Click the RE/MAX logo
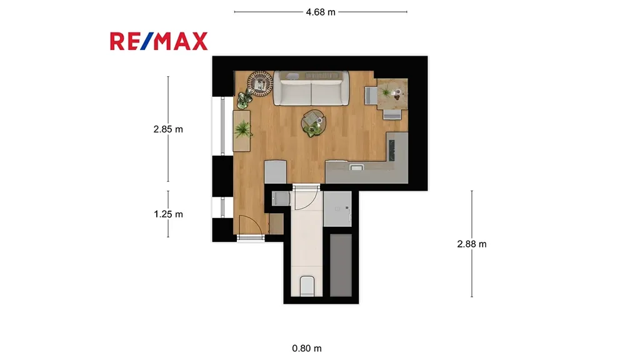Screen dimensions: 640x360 tap(159, 41)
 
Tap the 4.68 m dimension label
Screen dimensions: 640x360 tap(321, 12)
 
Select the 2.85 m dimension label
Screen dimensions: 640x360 tap(168, 129)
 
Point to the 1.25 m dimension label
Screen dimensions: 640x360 tap(168, 214)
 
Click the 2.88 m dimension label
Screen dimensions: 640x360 tap(472, 244)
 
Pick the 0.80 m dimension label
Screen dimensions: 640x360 tap(307, 348)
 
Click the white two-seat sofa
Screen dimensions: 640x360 tap(311, 88)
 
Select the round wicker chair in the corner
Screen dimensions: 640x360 tap(260, 83)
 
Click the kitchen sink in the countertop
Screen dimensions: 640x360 tap(356, 167)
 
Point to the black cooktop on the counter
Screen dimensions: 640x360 tap(392, 151)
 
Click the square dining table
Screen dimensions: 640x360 tap(392, 94)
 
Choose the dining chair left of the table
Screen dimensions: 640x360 tap(371, 96)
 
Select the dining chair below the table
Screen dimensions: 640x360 tap(392, 114)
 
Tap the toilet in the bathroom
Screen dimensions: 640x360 tap(307, 286)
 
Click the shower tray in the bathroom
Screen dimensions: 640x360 tap(337, 209)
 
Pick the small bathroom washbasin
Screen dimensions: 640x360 tap(281, 199)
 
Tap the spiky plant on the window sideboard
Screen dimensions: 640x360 tap(243, 129)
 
